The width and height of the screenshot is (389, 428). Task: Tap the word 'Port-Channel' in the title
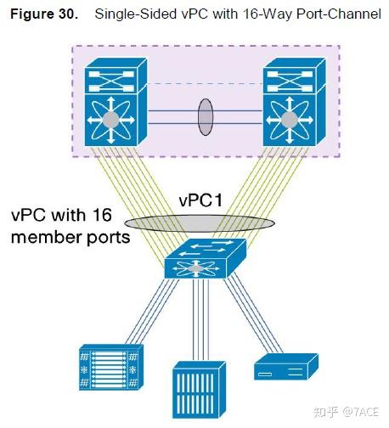(x=340, y=14)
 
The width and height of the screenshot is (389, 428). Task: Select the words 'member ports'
(x=70, y=238)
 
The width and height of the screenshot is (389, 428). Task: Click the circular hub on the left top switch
(x=110, y=119)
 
